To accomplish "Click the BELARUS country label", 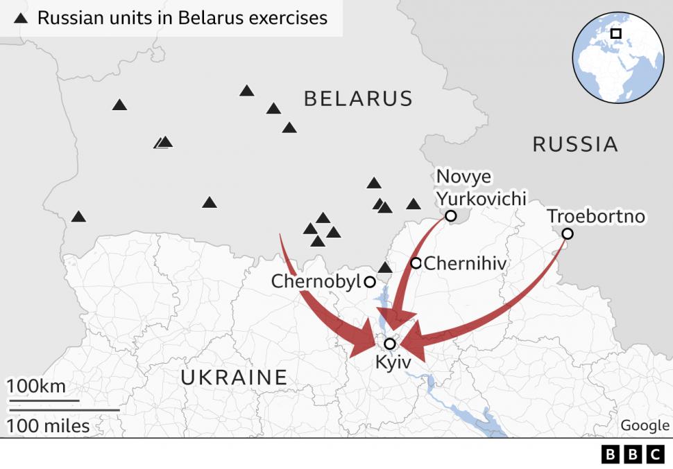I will tap(358, 98).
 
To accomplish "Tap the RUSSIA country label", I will tap(574, 144).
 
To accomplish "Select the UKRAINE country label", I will tap(234, 377).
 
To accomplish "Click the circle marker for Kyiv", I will tap(390, 344).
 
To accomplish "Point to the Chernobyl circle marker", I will tap(370, 282).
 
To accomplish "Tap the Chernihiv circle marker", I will tap(416, 263).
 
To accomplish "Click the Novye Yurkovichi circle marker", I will tap(450, 216).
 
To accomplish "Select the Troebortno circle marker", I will tap(567, 233).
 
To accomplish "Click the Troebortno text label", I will tap(596, 216).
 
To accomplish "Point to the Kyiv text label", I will tap(393, 362).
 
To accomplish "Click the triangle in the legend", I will tap(22, 18).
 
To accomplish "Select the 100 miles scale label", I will tap(49, 425).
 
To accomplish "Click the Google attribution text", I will tap(645, 425).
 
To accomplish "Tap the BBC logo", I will tap(633, 454).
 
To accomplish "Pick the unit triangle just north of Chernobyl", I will tap(385, 267).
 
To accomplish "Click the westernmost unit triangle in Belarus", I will tap(78, 217).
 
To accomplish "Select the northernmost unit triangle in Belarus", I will tap(246, 91).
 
